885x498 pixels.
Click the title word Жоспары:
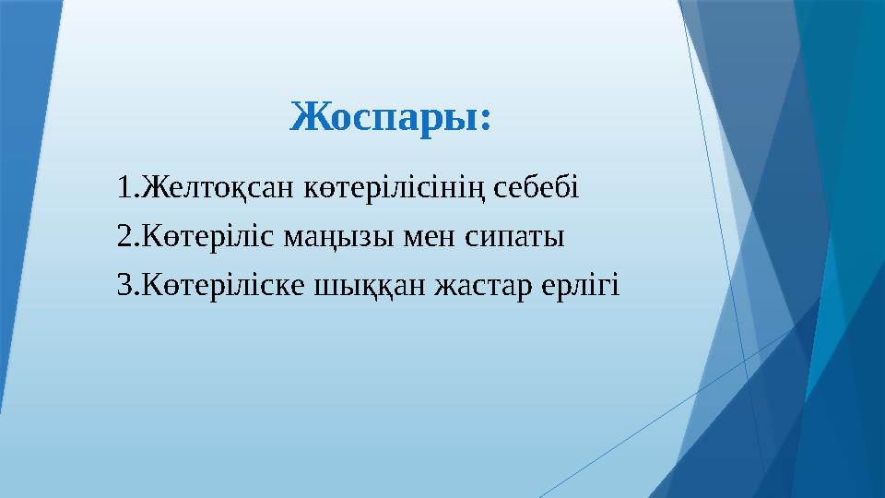pos(391,117)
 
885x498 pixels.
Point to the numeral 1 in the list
pos(124,188)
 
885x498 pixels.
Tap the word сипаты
pos(517,238)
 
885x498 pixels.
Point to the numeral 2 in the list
pos(124,238)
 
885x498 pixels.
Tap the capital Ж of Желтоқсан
pos(150,188)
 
